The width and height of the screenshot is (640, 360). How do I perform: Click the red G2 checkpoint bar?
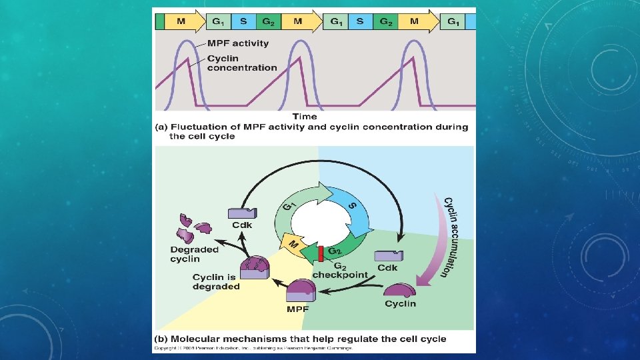tap(321, 254)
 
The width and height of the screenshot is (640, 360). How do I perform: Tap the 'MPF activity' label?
tap(237, 43)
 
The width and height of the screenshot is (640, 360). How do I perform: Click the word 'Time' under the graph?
tap(305, 117)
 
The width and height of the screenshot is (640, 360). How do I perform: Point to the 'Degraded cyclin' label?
tap(194, 254)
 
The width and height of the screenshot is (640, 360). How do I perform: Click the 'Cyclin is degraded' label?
tap(216, 282)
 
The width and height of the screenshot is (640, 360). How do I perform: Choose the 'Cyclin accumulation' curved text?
tap(455, 237)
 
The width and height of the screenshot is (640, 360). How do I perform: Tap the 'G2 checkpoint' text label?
tap(339, 270)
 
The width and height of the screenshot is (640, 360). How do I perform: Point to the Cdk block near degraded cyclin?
tap(241, 213)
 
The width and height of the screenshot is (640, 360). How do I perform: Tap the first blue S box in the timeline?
tap(243, 21)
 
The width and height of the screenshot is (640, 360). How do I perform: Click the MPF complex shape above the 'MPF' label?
tap(301, 291)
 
